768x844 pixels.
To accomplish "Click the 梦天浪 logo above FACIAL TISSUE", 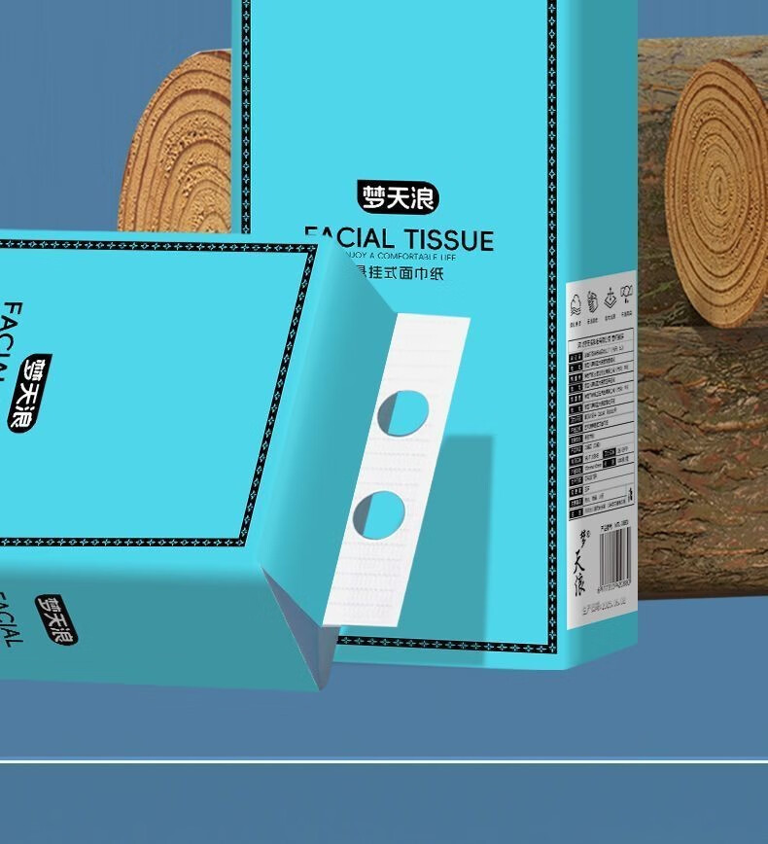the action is pos(398,197).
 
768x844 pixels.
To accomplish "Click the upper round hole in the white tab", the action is pos(402,412).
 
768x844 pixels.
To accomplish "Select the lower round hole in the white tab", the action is pos(377,514).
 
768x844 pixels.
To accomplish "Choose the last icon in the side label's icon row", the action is pos(627,294).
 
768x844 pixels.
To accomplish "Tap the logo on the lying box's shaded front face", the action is pos(56,619).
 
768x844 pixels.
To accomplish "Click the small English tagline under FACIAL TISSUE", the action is pos(408,256).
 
